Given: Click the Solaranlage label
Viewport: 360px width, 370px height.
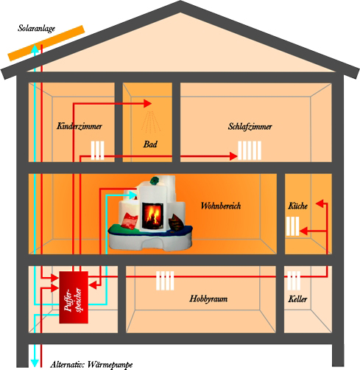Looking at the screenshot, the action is (36, 29).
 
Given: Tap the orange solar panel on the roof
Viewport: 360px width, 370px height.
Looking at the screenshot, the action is (46, 43).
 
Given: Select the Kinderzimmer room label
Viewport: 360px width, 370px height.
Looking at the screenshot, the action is (80, 126).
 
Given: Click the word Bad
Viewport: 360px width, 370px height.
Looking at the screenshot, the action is (150, 144).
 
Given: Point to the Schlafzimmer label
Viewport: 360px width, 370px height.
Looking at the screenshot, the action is (250, 127).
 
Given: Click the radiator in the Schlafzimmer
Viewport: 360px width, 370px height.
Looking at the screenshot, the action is (250, 150).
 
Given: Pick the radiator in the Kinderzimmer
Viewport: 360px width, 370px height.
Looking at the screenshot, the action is (98, 150).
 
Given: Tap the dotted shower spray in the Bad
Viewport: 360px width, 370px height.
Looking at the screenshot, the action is (151, 122).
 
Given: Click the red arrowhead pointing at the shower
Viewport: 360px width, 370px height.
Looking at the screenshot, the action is (147, 104).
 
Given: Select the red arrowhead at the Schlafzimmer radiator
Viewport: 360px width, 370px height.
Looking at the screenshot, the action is (233, 156).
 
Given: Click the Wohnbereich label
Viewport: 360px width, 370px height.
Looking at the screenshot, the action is (221, 206).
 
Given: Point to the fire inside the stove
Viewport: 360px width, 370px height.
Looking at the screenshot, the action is (152, 215).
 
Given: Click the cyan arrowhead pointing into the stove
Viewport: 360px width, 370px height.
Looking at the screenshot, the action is (133, 195).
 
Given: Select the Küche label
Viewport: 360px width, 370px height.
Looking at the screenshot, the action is (297, 206).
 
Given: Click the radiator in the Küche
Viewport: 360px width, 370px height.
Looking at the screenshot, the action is (293, 226).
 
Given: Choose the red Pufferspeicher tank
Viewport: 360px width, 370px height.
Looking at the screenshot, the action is (74, 297).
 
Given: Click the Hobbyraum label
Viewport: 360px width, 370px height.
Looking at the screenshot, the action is (208, 299).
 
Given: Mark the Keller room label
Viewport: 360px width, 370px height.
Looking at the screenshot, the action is (297, 299).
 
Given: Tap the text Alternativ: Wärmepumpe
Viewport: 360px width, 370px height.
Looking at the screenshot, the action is (91, 365).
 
